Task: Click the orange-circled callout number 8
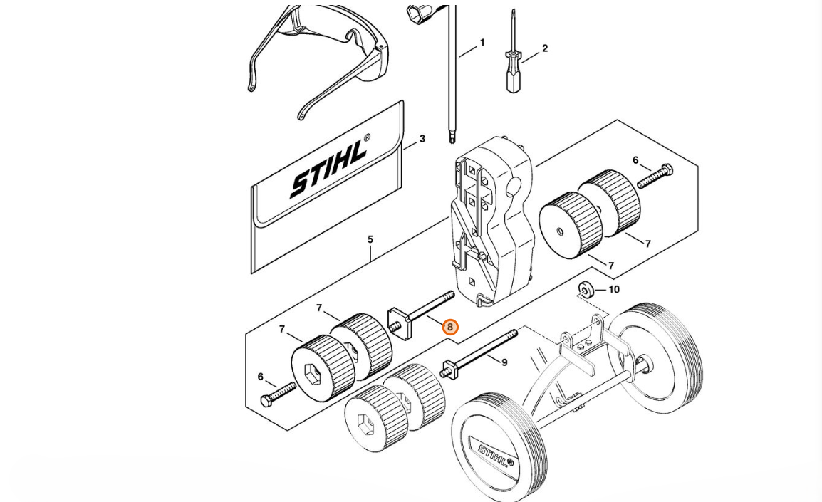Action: pyautogui.click(x=449, y=327)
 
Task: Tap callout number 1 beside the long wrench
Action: pyautogui.click(x=482, y=43)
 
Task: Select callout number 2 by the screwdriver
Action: pyautogui.click(x=545, y=48)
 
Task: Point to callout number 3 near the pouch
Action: pyautogui.click(x=422, y=139)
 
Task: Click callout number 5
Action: pyautogui.click(x=370, y=239)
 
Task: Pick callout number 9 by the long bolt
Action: pyautogui.click(x=504, y=362)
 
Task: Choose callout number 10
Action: pyautogui.click(x=614, y=289)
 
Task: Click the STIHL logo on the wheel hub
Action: pyautogui.click(x=495, y=456)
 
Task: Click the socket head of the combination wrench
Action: pyautogui.click(x=417, y=13)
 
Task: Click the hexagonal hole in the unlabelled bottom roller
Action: pyautogui.click(x=364, y=422)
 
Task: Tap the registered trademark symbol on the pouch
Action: pyautogui.click(x=366, y=137)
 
